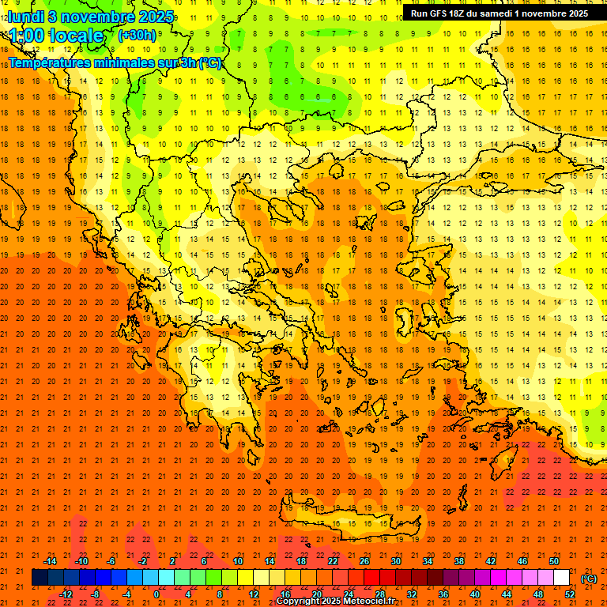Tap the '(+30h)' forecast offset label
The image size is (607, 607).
[137, 35]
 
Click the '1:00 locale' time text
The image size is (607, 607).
[56, 36]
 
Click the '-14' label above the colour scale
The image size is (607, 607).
[51, 561]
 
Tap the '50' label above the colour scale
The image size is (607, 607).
[553, 561]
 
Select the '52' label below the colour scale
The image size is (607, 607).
[570, 594]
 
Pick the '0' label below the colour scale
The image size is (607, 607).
[156, 594]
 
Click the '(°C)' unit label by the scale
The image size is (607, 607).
[589, 579]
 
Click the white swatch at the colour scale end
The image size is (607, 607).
[561, 578]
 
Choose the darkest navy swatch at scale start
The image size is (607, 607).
[40, 578]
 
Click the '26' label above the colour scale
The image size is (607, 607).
[364, 561]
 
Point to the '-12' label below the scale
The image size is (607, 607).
[66, 594]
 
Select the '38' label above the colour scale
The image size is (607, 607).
[458, 561]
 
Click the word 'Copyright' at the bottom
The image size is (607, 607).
[301, 601]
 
